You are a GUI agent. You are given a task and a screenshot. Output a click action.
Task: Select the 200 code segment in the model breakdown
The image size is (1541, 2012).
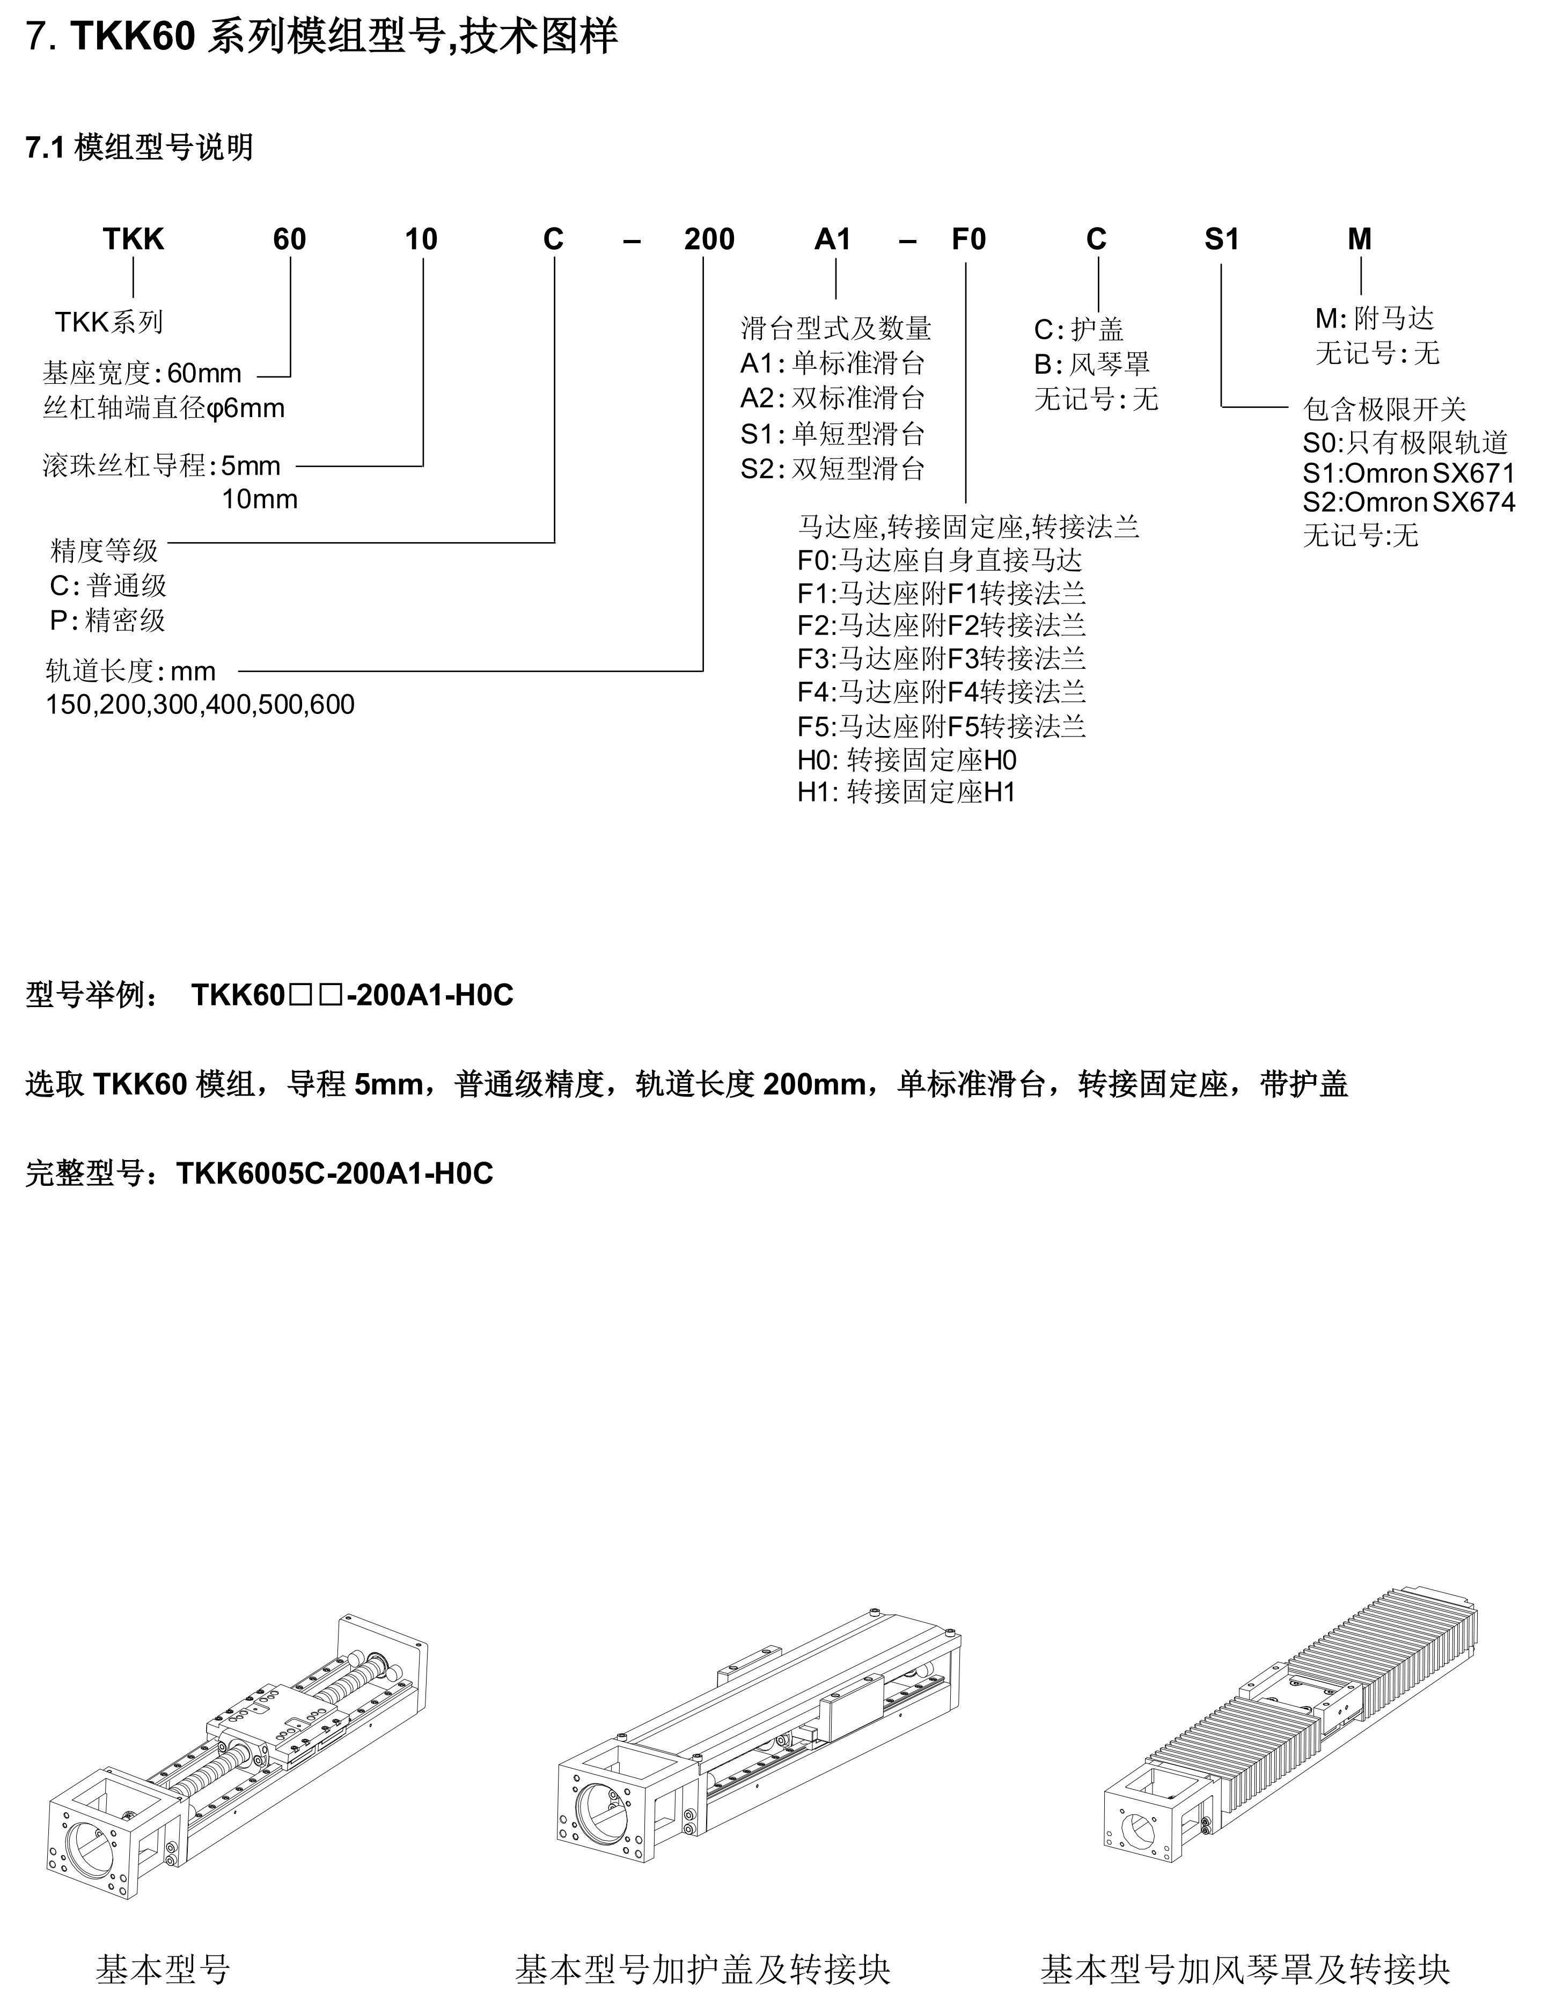(x=709, y=239)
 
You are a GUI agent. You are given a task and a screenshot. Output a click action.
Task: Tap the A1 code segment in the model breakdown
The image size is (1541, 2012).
(x=833, y=239)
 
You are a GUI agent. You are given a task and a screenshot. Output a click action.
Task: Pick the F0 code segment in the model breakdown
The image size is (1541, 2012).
(x=968, y=239)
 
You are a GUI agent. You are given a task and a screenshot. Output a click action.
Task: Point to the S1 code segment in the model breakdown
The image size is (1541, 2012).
(x=1221, y=239)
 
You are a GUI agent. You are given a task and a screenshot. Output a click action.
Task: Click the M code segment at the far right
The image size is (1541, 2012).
(x=1360, y=239)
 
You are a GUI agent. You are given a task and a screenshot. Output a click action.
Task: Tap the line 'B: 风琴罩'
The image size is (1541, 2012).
(x=1091, y=365)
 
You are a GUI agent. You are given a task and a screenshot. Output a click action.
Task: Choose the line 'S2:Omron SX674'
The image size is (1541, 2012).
(x=1408, y=502)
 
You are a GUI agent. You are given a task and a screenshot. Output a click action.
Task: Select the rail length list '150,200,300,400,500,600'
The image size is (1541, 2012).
(x=200, y=705)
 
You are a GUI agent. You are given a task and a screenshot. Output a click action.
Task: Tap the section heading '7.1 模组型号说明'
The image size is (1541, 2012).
(x=140, y=148)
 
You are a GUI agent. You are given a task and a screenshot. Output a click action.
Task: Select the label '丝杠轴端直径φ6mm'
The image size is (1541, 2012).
(x=163, y=409)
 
